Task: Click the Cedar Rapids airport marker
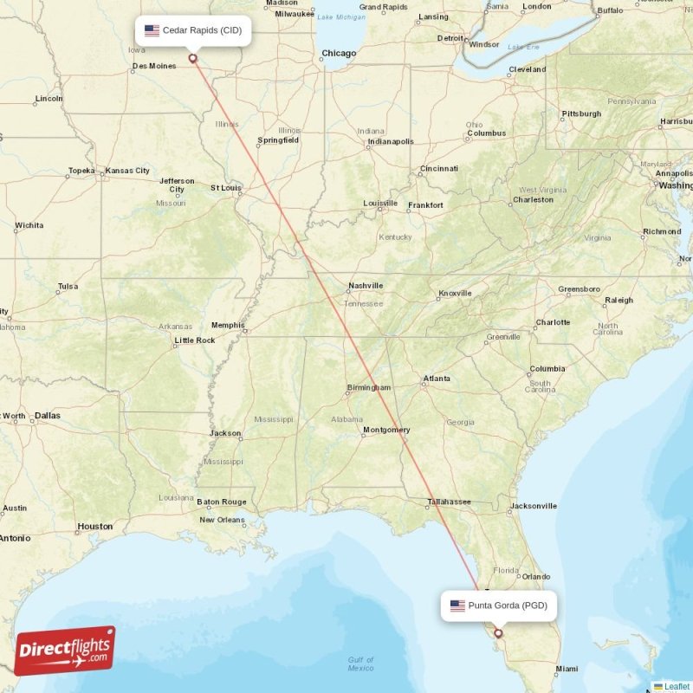pos(192,59)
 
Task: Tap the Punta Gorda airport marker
pos(498,633)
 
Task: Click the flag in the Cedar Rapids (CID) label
pos(152,30)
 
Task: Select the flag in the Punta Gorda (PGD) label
pos(457,606)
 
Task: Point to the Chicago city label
pos(339,54)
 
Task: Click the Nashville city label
pos(366,286)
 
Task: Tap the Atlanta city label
pos(436,379)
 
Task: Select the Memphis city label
pos(228,326)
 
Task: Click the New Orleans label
pos(222,520)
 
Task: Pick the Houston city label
pos(95,526)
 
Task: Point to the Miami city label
pos(567,669)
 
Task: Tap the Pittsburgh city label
pos(581,113)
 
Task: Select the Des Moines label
pos(153,66)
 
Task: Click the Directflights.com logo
pos(65,651)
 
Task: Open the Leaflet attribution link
pos(677,686)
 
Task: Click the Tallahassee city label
pos(448,502)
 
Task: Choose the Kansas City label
pos(127,171)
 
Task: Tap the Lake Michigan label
pos(341,17)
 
